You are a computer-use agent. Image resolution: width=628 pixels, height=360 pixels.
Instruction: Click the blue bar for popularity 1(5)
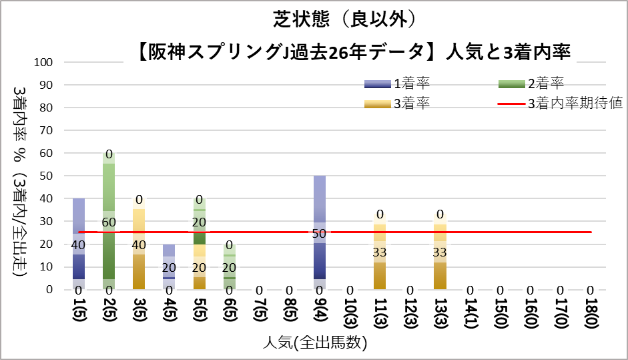(x=79, y=244)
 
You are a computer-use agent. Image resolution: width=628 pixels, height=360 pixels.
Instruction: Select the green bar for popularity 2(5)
(x=109, y=221)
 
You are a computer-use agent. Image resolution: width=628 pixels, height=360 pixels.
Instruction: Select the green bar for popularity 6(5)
(x=229, y=267)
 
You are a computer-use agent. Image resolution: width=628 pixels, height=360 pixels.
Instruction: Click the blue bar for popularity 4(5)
(x=169, y=266)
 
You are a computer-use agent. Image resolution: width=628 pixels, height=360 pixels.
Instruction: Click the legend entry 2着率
(x=531, y=83)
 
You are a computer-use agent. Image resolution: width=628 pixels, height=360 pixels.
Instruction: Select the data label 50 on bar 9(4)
(x=320, y=233)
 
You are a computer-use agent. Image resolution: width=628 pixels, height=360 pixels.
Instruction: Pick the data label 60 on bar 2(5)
(x=109, y=222)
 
